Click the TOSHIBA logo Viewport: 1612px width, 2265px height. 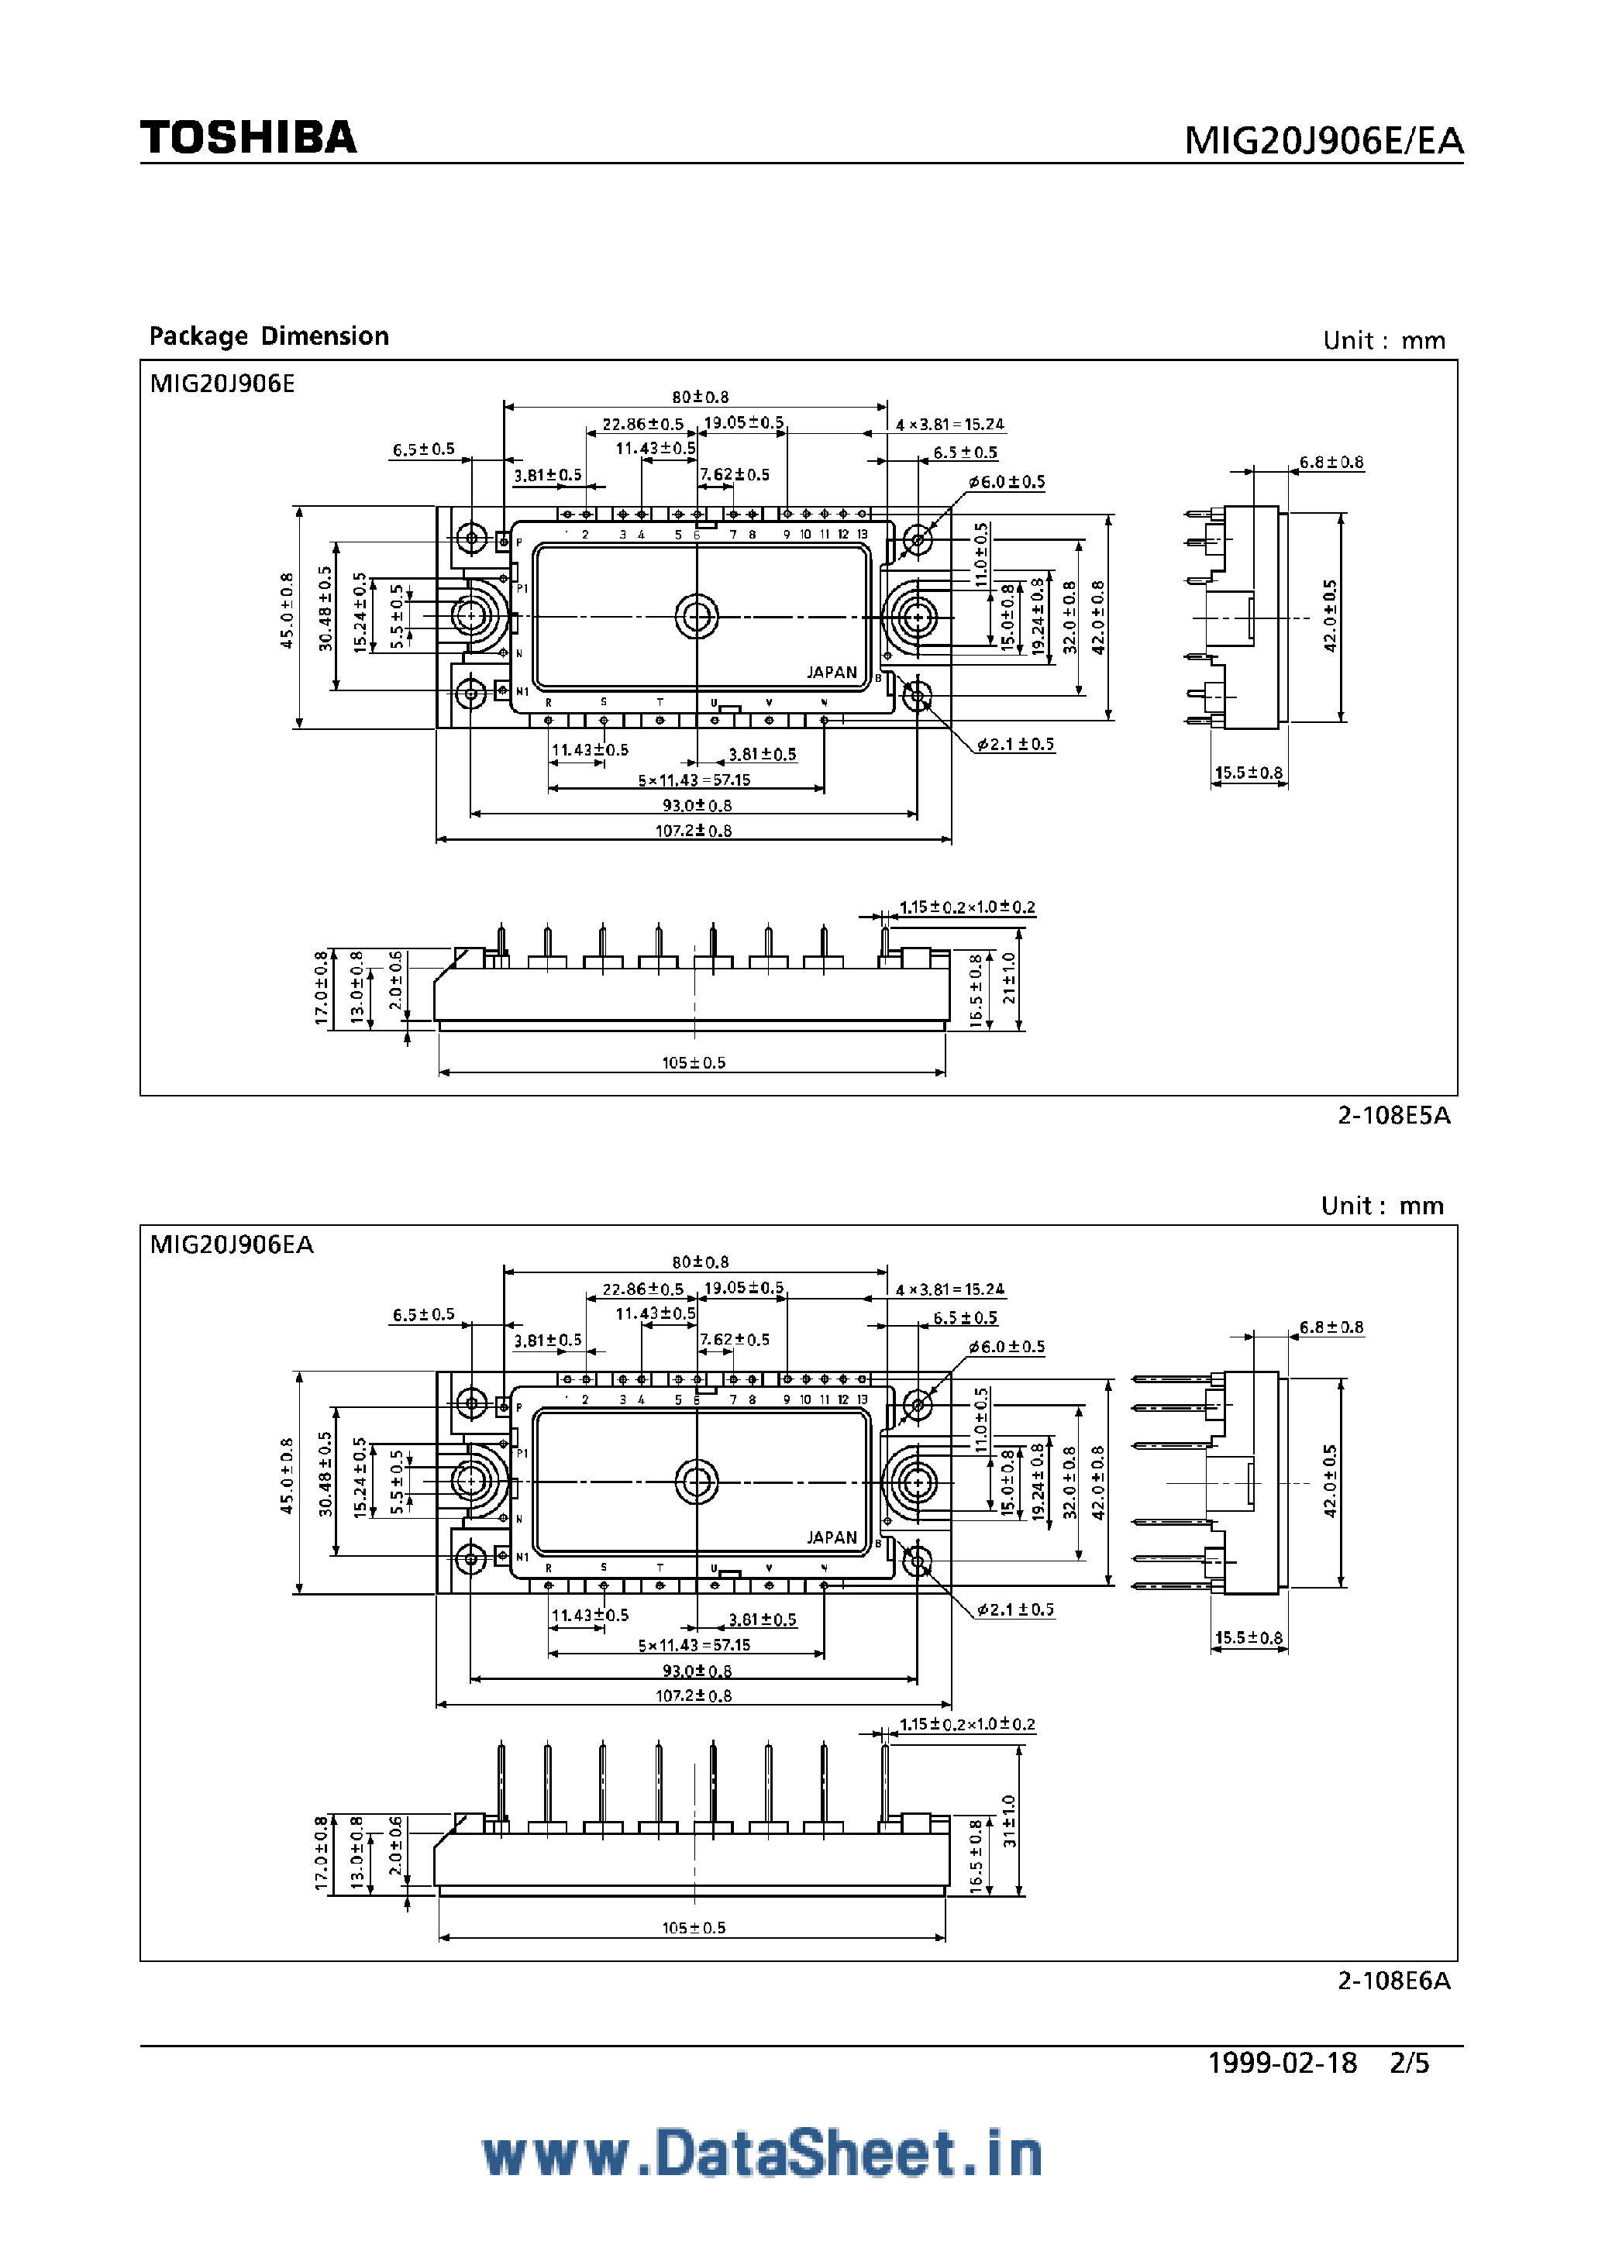click(x=248, y=137)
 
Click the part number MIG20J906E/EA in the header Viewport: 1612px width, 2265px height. click(x=1323, y=142)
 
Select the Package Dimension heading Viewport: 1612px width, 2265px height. click(x=268, y=336)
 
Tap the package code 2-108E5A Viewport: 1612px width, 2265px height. click(x=1393, y=1116)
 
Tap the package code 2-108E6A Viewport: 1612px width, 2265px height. click(x=1393, y=1980)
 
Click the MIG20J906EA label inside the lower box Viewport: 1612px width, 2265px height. click(x=231, y=1244)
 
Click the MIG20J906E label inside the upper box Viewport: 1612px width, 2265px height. click(x=222, y=384)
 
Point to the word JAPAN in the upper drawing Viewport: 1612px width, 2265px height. click(x=832, y=672)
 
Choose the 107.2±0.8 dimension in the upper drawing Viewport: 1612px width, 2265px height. click(x=693, y=831)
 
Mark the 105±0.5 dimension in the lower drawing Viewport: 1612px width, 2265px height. click(x=693, y=1927)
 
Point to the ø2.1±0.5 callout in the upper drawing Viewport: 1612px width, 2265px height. click(x=1014, y=745)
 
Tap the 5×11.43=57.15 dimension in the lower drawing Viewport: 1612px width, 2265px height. click(x=694, y=1644)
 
